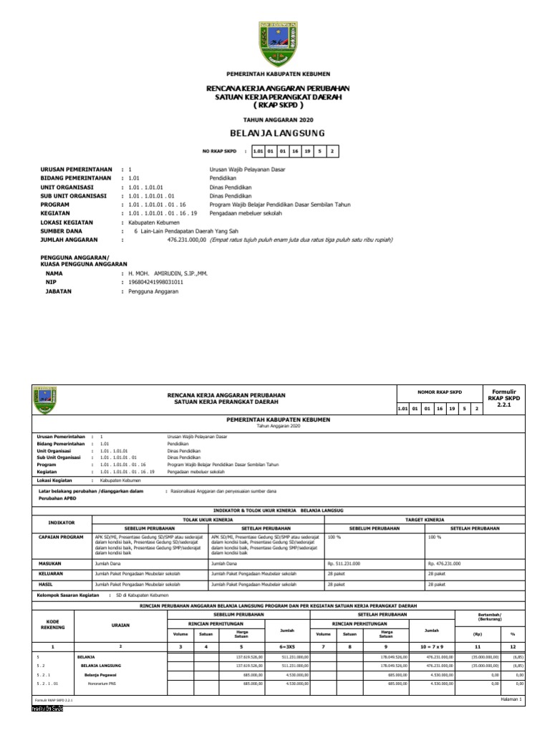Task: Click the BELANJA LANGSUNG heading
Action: pos(276,134)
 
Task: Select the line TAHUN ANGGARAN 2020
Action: pos(276,119)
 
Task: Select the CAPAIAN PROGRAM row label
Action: pos(61,535)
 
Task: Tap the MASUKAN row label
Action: pos(49,564)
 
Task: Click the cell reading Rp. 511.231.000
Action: pos(344,564)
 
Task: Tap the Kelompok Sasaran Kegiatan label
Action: pos(67,595)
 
